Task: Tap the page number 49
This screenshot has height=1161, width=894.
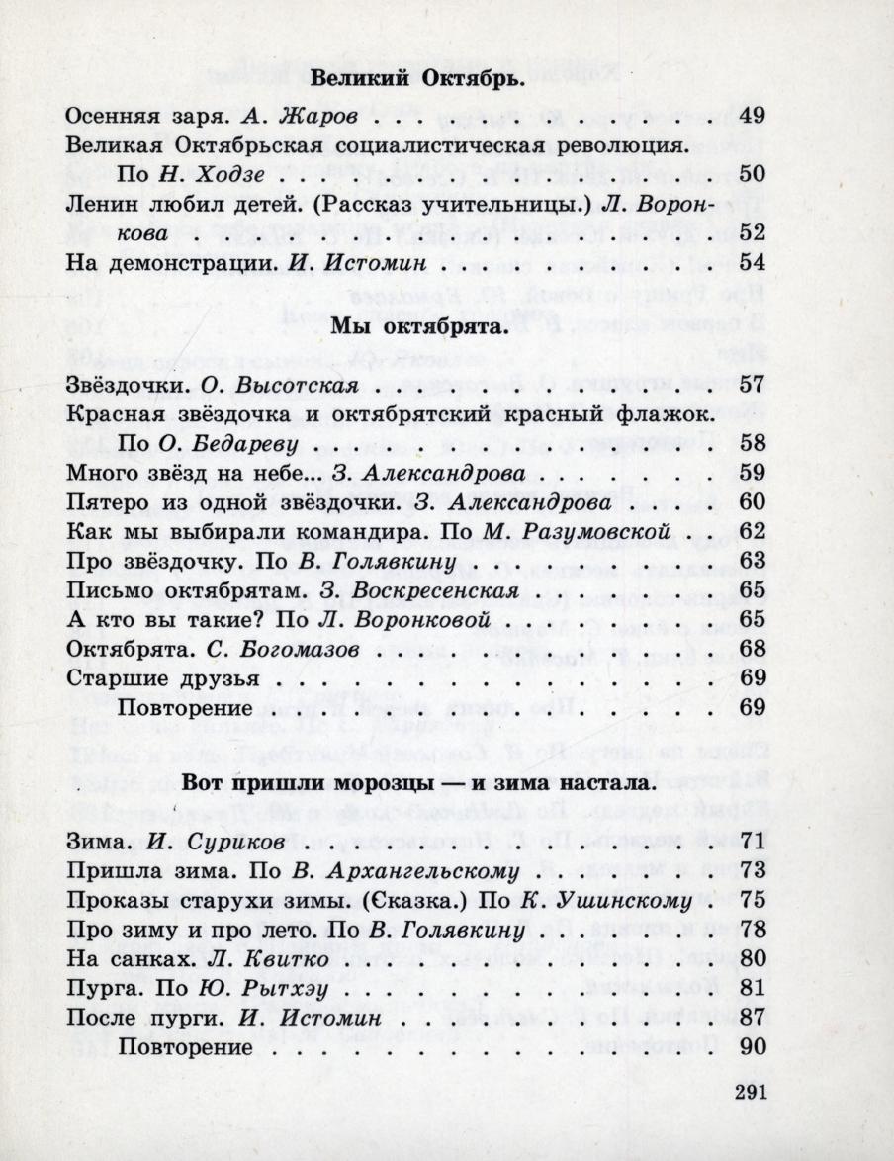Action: pos(753,115)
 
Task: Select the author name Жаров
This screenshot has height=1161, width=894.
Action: pos(317,116)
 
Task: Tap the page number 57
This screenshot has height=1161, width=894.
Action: pos(753,384)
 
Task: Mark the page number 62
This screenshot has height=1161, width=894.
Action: pos(753,532)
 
